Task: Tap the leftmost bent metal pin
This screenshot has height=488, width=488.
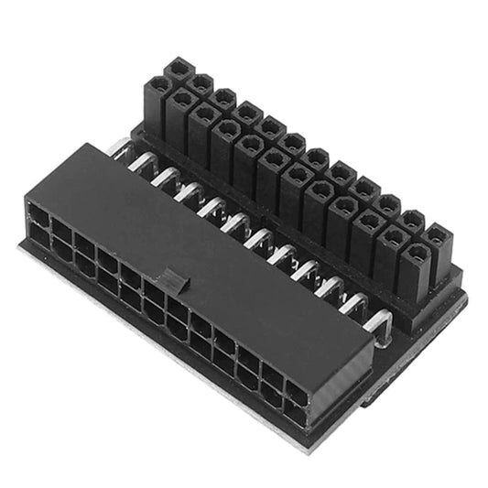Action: click(122, 148)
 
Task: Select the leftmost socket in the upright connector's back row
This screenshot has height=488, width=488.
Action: click(178, 69)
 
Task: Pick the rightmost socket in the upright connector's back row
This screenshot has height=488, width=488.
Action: click(438, 235)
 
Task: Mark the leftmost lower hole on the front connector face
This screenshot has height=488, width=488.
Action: click(38, 236)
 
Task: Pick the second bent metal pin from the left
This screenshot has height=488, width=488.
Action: click(144, 164)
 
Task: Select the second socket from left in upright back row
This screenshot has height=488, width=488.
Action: click(201, 83)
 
